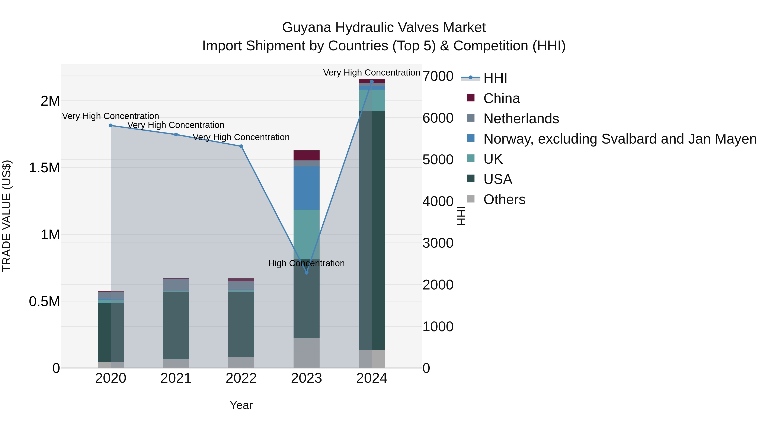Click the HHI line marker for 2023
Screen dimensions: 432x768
pos(307,272)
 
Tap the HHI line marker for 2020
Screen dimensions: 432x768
pos(111,125)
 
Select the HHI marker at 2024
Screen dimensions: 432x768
pos(372,82)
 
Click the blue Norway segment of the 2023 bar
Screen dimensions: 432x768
pos(307,188)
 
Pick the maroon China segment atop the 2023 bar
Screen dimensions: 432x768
pos(307,155)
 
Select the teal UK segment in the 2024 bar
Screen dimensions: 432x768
pos(372,100)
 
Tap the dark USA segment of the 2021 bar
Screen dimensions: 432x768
pos(176,326)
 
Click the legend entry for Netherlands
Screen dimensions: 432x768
pos(521,119)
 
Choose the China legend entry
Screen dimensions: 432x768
pos(502,98)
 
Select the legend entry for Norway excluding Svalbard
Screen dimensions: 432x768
pos(620,139)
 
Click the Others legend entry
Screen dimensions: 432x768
pos(504,199)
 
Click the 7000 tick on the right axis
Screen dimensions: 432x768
pos(438,76)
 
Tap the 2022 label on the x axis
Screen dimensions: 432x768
pos(241,378)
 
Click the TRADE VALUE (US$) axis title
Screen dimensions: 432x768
pos(7,216)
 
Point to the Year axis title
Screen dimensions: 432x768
pos(241,405)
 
